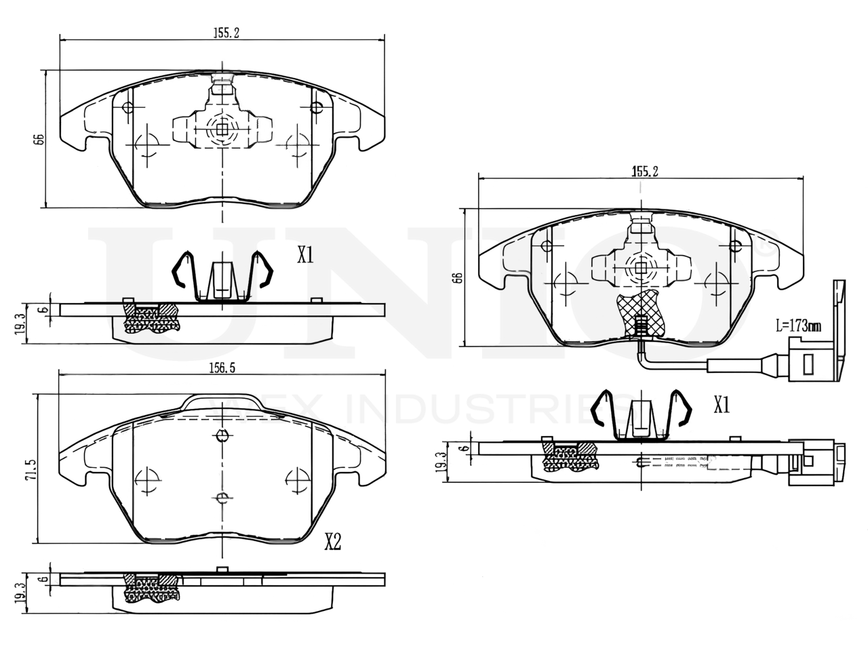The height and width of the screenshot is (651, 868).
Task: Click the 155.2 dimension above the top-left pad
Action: click(221, 33)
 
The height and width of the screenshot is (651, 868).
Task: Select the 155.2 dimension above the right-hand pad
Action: click(645, 172)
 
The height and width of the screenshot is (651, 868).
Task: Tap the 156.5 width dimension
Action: click(221, 367)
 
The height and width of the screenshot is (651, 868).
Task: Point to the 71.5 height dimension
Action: click(31, 469)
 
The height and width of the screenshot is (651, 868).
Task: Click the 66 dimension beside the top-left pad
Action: click(39, 138)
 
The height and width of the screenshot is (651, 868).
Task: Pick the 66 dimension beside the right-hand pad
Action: click(458, 277)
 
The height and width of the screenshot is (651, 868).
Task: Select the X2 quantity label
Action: click(332, 541)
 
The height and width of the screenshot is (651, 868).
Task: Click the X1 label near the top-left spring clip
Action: click(305, 255)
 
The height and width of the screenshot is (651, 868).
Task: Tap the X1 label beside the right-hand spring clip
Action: click(722, 406)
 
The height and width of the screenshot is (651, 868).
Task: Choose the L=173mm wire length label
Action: click(799, 325)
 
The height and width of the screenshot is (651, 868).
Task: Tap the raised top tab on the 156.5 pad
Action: click(221, 401)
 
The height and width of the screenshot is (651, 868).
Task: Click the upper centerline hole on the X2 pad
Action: click(222, 436)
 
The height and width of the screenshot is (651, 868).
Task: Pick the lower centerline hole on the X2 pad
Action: click(222, 499)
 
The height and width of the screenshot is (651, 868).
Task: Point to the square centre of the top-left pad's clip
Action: click(222, 127)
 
